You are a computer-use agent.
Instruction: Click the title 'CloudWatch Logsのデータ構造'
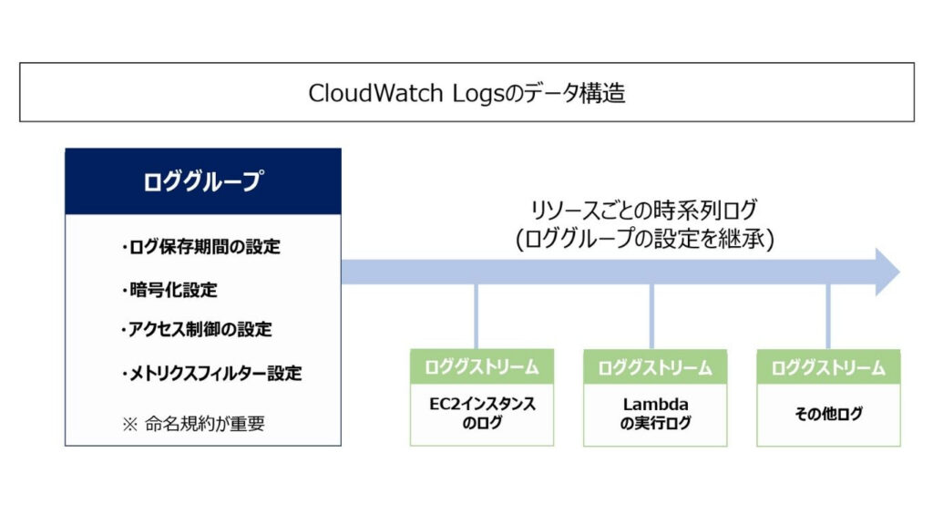[x=466, y=93]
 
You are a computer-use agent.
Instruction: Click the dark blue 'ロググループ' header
[x=202, y=181]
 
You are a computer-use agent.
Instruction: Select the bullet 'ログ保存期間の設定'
[x=200, y=247]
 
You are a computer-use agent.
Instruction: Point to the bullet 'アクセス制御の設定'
[x=196, y=329]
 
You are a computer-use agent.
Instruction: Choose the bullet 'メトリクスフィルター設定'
[x=210, y=373]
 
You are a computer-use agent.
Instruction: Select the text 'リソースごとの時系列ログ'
[x=644, y=211]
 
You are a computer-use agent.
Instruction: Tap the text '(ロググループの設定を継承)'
[x=644, y=239]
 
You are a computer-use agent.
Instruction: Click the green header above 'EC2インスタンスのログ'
[x=481, y=366]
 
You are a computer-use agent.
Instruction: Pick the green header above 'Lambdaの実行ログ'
[x=654, y=367]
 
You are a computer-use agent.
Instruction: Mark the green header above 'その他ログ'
[x=828, y=367]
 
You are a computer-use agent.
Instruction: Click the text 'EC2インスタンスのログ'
[x=481, y=413]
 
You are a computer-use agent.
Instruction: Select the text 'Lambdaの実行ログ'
[x=654, y=413]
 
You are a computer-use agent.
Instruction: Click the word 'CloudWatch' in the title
[x=375, y=93]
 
